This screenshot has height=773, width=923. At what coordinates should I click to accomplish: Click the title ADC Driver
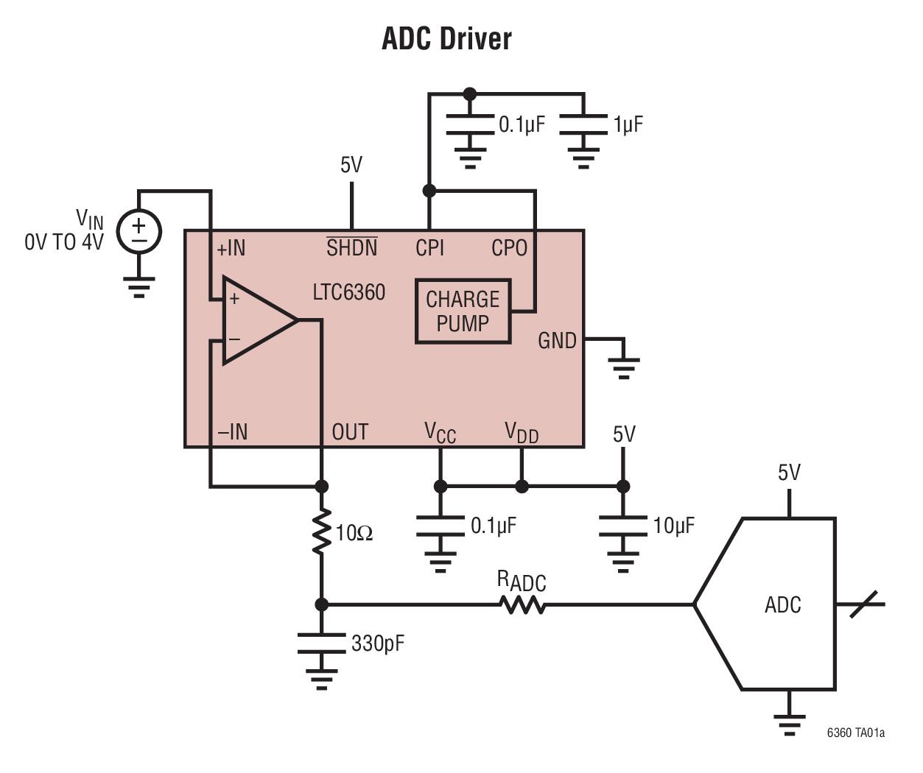446,38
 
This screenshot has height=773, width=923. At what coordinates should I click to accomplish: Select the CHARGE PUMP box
463,311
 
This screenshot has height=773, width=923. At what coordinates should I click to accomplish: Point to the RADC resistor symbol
522,605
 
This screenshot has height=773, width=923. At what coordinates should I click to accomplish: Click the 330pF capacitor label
378,643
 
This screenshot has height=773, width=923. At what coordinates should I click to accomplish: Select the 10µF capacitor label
673,526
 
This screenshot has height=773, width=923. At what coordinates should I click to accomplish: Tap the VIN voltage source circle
139,231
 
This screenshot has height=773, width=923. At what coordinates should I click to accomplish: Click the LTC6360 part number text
348,292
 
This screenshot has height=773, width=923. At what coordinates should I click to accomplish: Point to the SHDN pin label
351,248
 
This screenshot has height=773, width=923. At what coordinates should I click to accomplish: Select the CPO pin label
509,249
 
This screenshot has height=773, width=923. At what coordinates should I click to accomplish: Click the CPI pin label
429,248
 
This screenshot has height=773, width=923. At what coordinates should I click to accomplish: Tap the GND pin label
557,341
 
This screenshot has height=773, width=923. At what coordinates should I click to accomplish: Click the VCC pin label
440,433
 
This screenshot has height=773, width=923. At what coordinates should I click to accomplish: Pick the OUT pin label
350,432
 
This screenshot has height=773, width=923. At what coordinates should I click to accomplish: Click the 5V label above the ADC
789,473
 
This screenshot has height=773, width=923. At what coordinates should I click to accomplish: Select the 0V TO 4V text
64,242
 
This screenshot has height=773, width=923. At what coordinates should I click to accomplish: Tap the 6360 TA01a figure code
855,733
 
